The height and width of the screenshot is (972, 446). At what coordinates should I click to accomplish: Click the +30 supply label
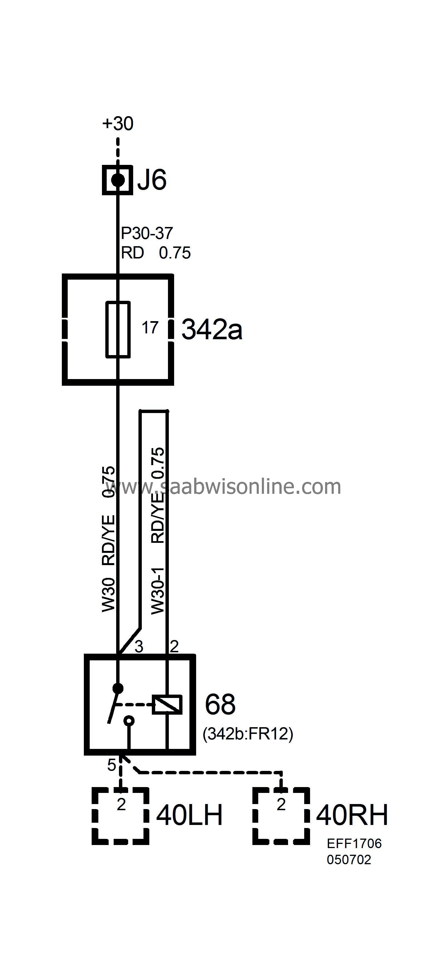pos(118,123)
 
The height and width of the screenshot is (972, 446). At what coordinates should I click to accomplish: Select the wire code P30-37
pos(147,233)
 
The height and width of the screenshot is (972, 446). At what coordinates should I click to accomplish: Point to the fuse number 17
pos(150,328)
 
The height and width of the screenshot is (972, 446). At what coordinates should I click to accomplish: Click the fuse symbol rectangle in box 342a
pos(118,329)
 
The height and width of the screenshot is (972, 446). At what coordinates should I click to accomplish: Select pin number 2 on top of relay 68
pos(174,646)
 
